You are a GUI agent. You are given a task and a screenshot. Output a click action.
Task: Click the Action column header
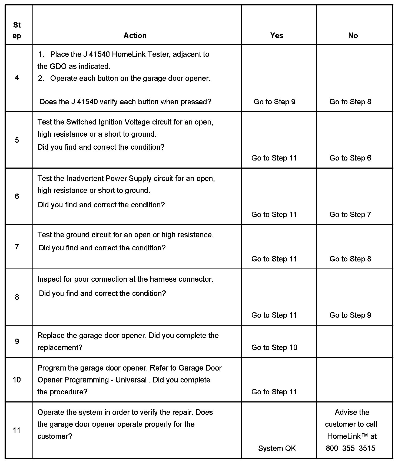(x=135, y=35)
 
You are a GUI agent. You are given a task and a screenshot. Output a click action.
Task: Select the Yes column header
(x=277, y=35)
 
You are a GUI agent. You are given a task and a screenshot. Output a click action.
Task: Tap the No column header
(x=353, y=35)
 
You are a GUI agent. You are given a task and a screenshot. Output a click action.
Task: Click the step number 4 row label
(x=17, y=78)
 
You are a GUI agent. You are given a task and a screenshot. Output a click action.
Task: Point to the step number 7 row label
(x=17, y=247)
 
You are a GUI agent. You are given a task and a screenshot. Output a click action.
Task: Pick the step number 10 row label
(x=17, y=380)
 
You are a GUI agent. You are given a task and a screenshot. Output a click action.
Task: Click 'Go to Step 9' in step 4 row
(x=274, y=102)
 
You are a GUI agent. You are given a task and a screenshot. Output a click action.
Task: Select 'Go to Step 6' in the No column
(x=350, y=158)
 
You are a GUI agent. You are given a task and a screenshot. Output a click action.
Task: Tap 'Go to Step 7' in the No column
(x=350, y=214)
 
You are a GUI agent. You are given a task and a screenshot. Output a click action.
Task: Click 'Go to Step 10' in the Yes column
(x=274, y=348)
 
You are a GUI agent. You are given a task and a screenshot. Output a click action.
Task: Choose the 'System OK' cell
(x=277, y=448)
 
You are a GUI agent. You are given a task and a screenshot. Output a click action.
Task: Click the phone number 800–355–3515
(x=350, y=448)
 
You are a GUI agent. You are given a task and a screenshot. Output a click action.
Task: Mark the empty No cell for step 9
(x=354, y=341)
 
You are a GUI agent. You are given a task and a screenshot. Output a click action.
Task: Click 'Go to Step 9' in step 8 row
(x=350, y=315)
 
